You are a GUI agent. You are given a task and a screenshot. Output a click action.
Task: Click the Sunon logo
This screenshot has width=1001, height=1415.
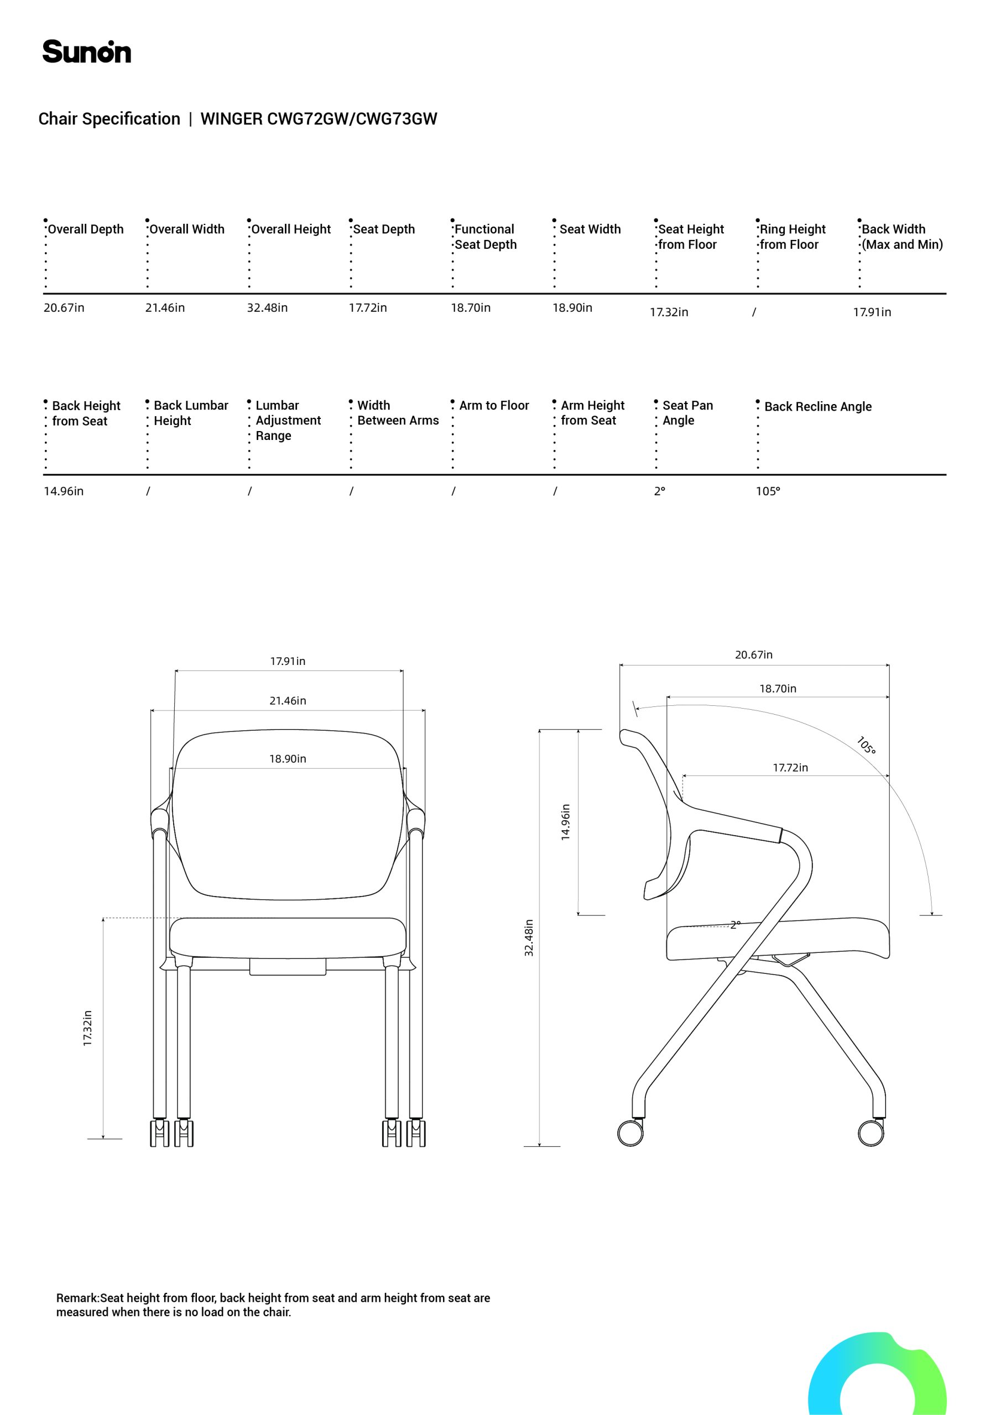tap(86, 52)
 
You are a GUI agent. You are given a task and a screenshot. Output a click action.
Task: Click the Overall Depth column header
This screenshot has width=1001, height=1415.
tap(86, 229)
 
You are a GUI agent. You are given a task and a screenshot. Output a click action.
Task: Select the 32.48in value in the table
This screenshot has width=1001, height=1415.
tap(267, 307)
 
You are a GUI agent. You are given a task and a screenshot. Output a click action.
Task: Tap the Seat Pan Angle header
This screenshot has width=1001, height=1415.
tap(687, 413)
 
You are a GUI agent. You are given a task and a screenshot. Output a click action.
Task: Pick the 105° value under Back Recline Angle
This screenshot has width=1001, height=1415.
tap(768, 491)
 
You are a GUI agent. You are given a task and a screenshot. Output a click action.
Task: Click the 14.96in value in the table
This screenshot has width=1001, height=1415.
tap(64, 491)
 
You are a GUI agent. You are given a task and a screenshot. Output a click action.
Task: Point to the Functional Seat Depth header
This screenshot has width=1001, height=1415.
tap(486, 237)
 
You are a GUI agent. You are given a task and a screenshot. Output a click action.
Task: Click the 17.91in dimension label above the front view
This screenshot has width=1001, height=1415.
tap(288, 661)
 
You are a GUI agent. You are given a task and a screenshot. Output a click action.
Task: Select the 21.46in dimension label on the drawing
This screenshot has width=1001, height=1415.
tap(288, 701)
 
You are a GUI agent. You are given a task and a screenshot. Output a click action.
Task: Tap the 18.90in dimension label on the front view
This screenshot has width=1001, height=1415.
tap(288, 759)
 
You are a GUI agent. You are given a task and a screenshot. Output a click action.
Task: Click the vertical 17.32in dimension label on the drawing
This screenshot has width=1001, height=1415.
tap(87, 1028)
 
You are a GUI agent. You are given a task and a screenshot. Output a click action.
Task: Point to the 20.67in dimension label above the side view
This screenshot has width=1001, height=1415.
tap(754, 654)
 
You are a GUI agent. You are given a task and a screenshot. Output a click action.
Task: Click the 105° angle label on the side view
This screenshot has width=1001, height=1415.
tap(866, 745)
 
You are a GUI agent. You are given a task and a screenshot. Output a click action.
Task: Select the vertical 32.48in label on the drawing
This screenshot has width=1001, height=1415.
tap(529, 938)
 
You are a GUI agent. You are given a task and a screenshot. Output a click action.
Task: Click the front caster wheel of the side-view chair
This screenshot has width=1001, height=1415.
tap(870, 1132)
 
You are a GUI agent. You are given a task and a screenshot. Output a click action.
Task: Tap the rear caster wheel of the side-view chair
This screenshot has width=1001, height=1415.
tap(630, 1132)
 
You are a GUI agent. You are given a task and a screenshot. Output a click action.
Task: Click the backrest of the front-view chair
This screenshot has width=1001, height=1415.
tap(288, 815)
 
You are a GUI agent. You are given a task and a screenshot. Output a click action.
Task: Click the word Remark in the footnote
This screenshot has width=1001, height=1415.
tap(77, 1298)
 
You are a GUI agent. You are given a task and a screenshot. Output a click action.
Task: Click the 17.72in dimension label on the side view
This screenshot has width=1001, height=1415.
tap(790, 767)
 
